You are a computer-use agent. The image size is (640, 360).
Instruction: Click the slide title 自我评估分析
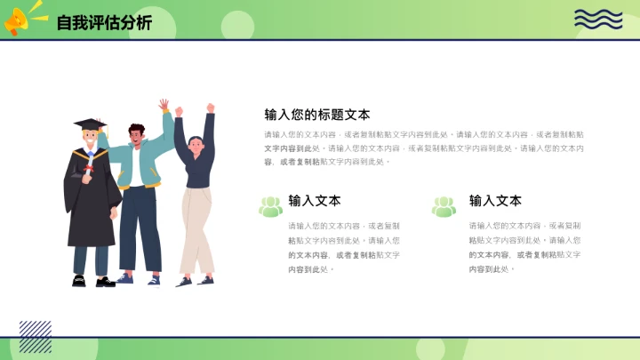(104, 22)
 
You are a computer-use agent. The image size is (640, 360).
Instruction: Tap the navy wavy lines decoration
(598, 19)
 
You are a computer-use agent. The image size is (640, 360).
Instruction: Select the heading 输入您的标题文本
(317, 115)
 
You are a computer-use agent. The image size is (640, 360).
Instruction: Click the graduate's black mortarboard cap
(89, 124)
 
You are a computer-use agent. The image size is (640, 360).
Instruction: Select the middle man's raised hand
(164, 106)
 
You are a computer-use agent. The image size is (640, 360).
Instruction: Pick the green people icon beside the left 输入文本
(270, 206)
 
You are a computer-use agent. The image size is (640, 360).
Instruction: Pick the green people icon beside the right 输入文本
(444, 206)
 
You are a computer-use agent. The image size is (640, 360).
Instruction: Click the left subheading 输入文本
(315, 201)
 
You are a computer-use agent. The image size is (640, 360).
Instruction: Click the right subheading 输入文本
(495, 201)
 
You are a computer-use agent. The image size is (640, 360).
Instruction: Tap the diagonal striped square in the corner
(35, 336)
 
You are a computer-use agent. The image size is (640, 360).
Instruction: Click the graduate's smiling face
(91, 141)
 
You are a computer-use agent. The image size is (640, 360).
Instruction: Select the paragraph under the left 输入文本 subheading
(344, 247)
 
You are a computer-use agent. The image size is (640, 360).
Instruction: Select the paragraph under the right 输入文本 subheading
(524, 247)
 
